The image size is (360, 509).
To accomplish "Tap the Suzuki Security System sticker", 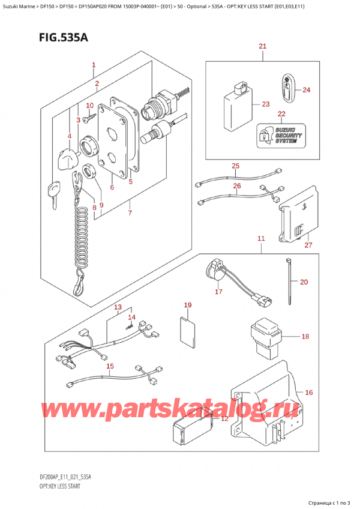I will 281,137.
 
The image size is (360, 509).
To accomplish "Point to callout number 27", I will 309,244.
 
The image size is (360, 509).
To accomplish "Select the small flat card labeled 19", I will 188,333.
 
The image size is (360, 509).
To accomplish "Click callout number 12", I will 224,419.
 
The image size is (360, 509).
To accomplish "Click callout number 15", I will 110,366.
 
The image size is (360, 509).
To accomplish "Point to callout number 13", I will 118,308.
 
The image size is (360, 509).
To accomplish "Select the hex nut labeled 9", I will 93,171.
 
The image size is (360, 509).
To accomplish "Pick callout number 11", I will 261,239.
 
